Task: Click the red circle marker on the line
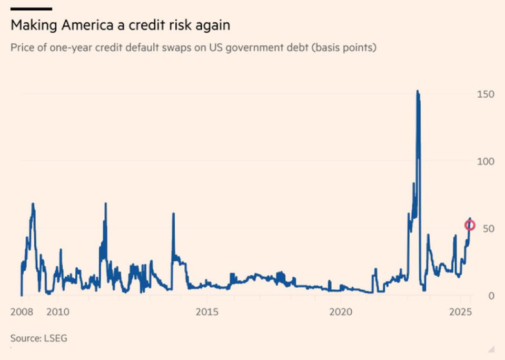(470, 226)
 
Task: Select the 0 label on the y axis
(490, 296)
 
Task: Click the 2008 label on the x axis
(22, 312)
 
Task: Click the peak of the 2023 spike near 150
(417, 91)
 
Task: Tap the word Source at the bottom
(25, 338)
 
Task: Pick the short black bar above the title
(31, 8)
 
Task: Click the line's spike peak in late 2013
(173, 213)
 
